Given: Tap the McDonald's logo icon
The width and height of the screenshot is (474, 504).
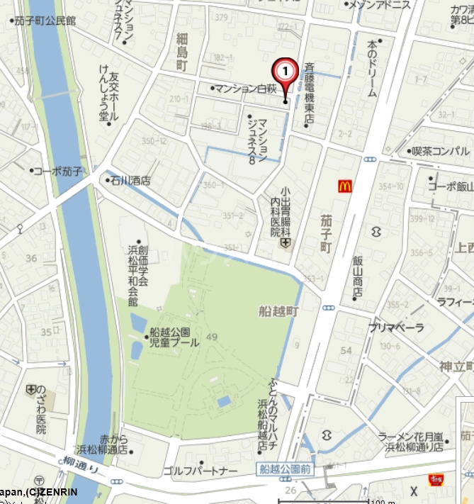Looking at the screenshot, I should point(345,186).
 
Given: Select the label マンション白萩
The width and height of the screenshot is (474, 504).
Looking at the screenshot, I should point(244,89).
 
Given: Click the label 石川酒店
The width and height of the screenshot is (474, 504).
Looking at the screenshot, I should point(130,181).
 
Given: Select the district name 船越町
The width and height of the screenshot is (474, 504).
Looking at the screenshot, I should point(279,310).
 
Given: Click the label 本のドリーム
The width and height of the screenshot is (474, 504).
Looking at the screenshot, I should point(372,68).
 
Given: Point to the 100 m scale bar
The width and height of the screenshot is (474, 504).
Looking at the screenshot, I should point(354,500).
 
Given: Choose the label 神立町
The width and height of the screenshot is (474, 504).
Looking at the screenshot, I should point(456,366).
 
